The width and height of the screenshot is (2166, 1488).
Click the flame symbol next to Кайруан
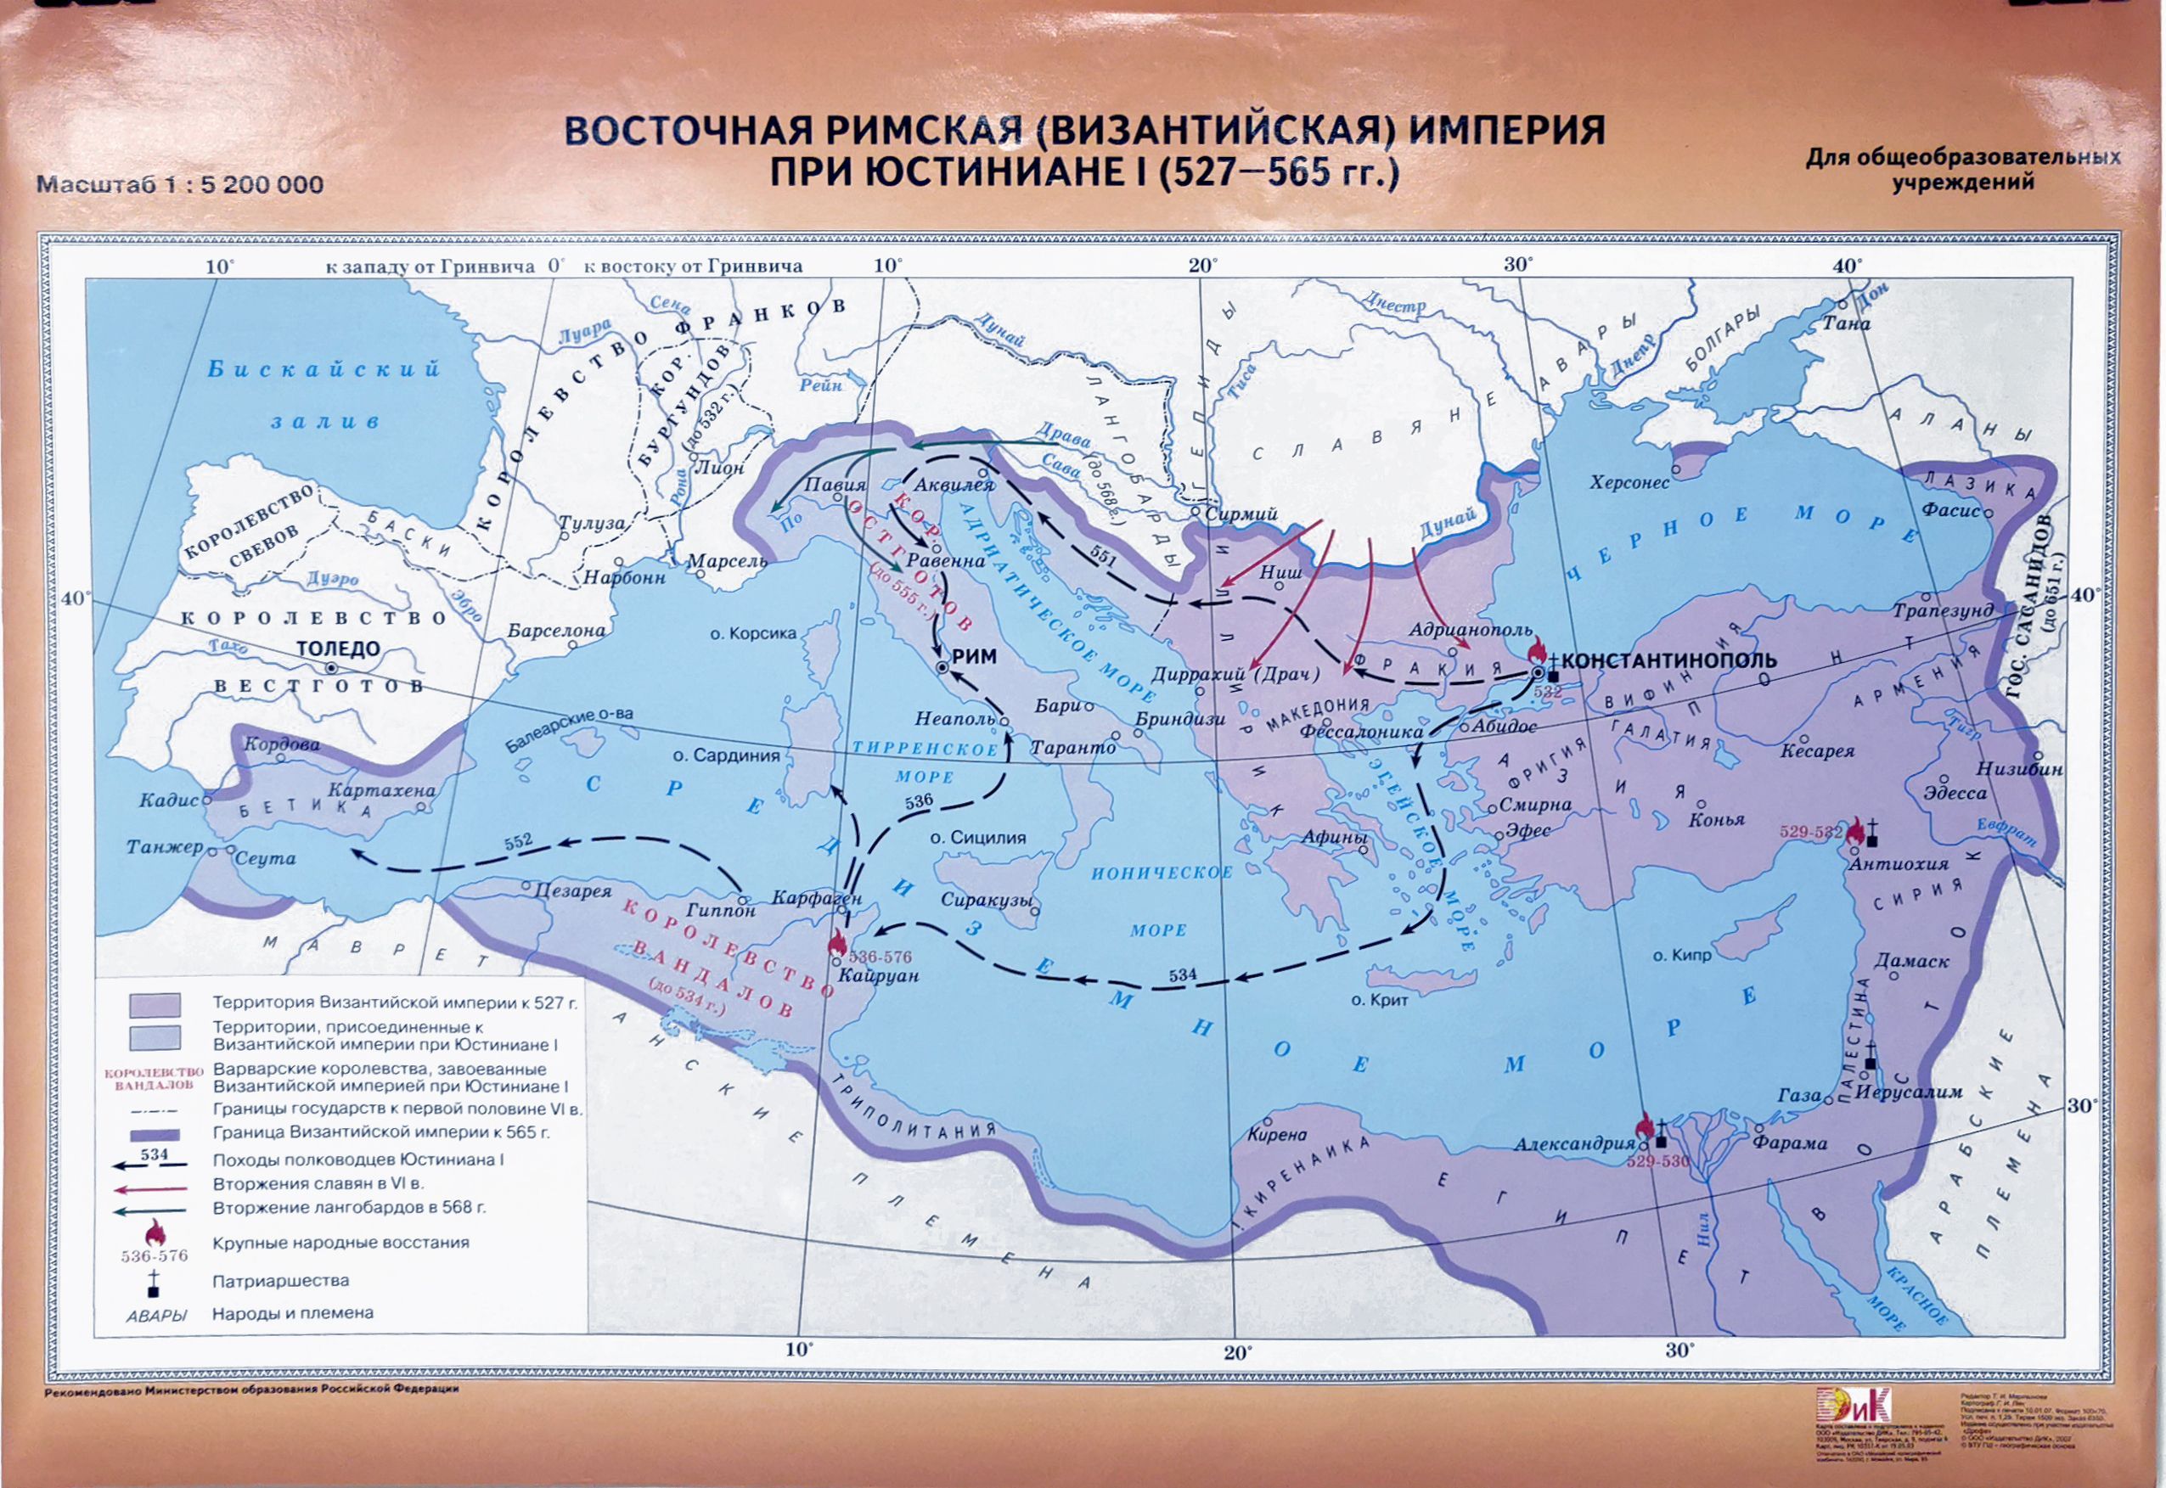click(837, 944)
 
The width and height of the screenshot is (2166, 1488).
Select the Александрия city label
click(1574, 1144)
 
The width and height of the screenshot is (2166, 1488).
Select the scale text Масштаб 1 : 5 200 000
click(179, 183)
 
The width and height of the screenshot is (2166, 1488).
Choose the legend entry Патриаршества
click(281, 1281)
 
